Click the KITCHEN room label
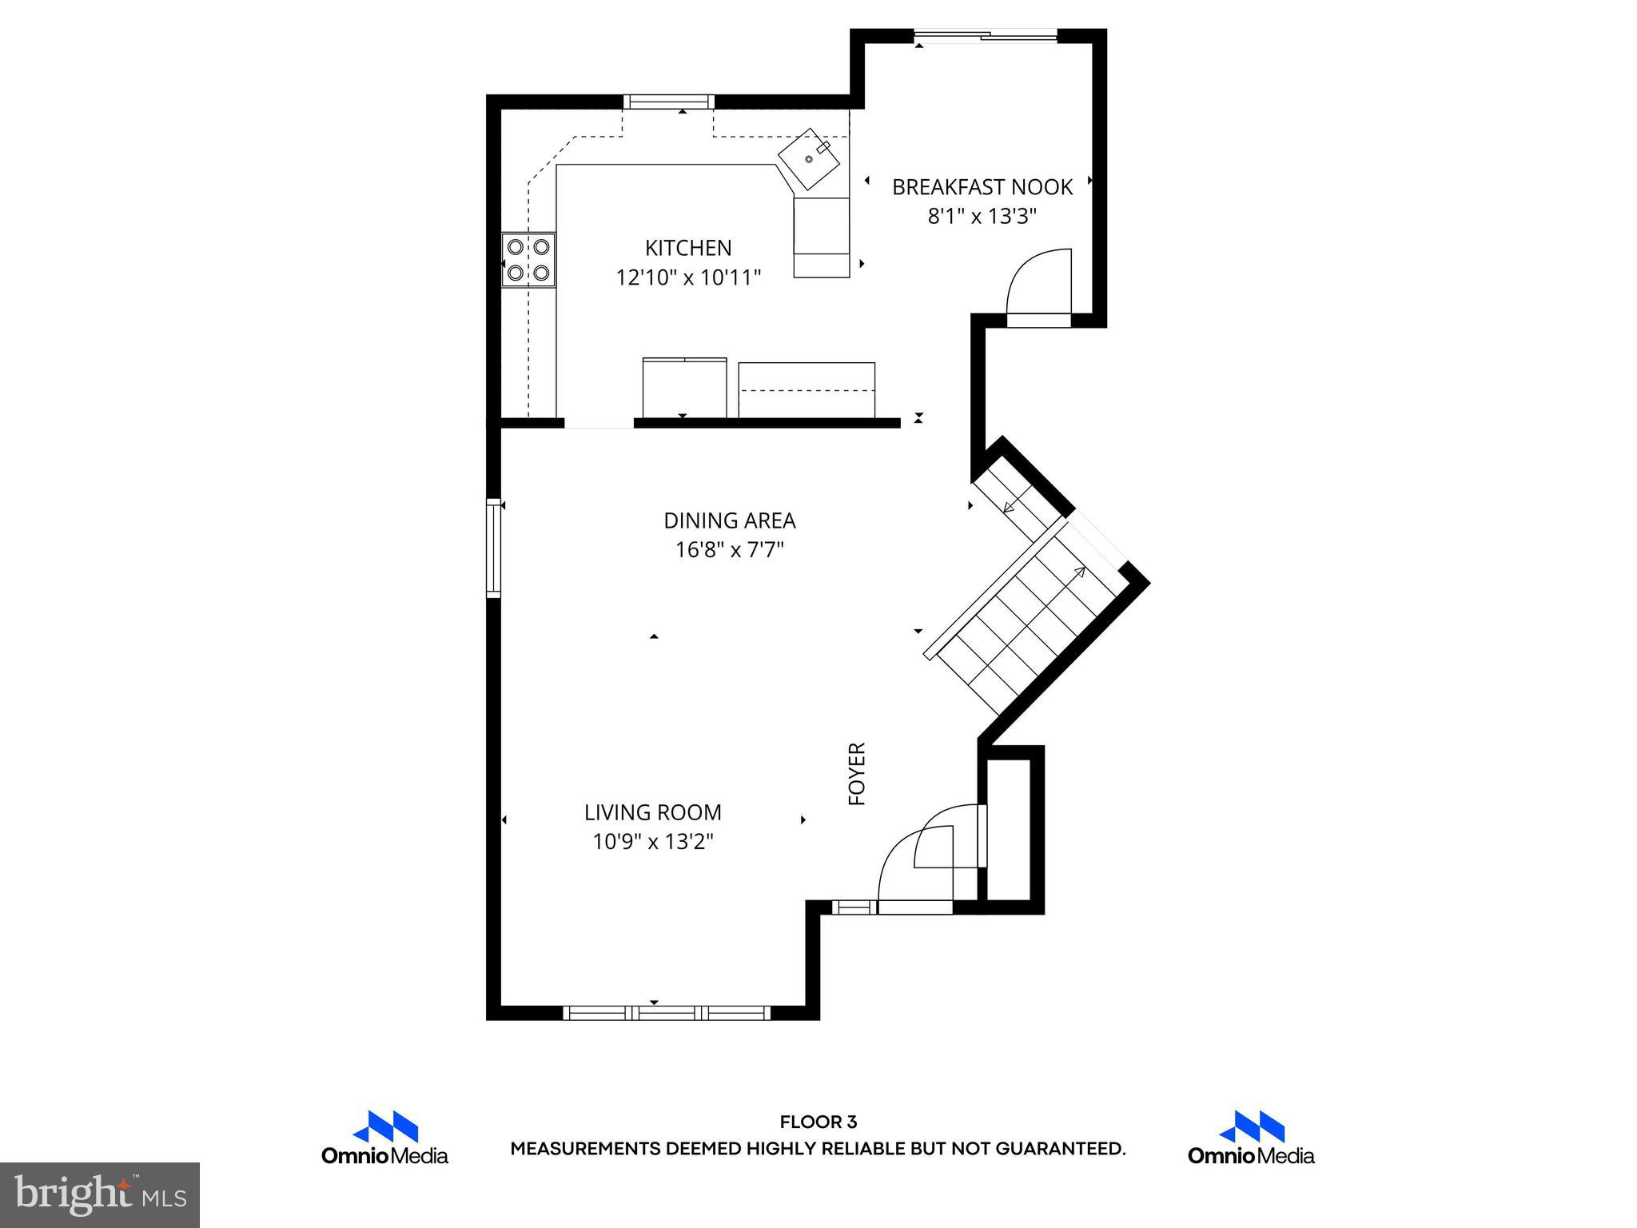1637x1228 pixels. [x=687, y=248]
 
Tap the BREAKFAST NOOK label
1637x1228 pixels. [x=982, y=187]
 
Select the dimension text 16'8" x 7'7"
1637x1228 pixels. [x=729, y=550]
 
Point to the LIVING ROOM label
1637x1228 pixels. [x=652, y=812]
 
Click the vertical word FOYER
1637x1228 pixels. [x=857, y=773]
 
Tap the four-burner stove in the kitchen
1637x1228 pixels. [x=528, y=260]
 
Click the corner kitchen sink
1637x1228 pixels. [x=810, y=159]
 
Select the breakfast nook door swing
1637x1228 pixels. [x=1038, y=284]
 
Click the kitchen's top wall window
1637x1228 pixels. [x=668, y=101]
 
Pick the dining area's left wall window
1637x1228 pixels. [x=493, y=548]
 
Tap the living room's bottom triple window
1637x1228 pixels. [x=667, y=1013]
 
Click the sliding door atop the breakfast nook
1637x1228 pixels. [x=986, y=34]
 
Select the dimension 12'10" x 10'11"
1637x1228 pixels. [x=687, y=277]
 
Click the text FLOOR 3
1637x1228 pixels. [x=818, y=1122]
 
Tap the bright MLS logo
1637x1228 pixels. [x=100, y=1194]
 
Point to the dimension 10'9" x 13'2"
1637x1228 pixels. [x=652, y=842]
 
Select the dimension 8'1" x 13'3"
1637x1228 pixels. [x=982, y=217]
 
